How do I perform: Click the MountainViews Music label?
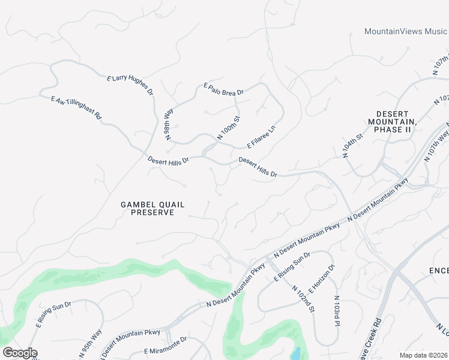(406, 31)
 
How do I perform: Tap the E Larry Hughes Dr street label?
(130, 86)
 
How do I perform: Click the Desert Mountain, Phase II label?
(392, 121)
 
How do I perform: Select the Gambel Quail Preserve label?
(147, 208)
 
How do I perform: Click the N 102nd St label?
(304, 298)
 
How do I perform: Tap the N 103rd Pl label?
(337, 311)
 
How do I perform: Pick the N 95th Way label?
(96, 343)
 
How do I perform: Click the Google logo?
(20, 353)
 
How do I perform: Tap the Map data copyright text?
(424, 355)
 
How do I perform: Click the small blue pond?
(295, 353)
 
